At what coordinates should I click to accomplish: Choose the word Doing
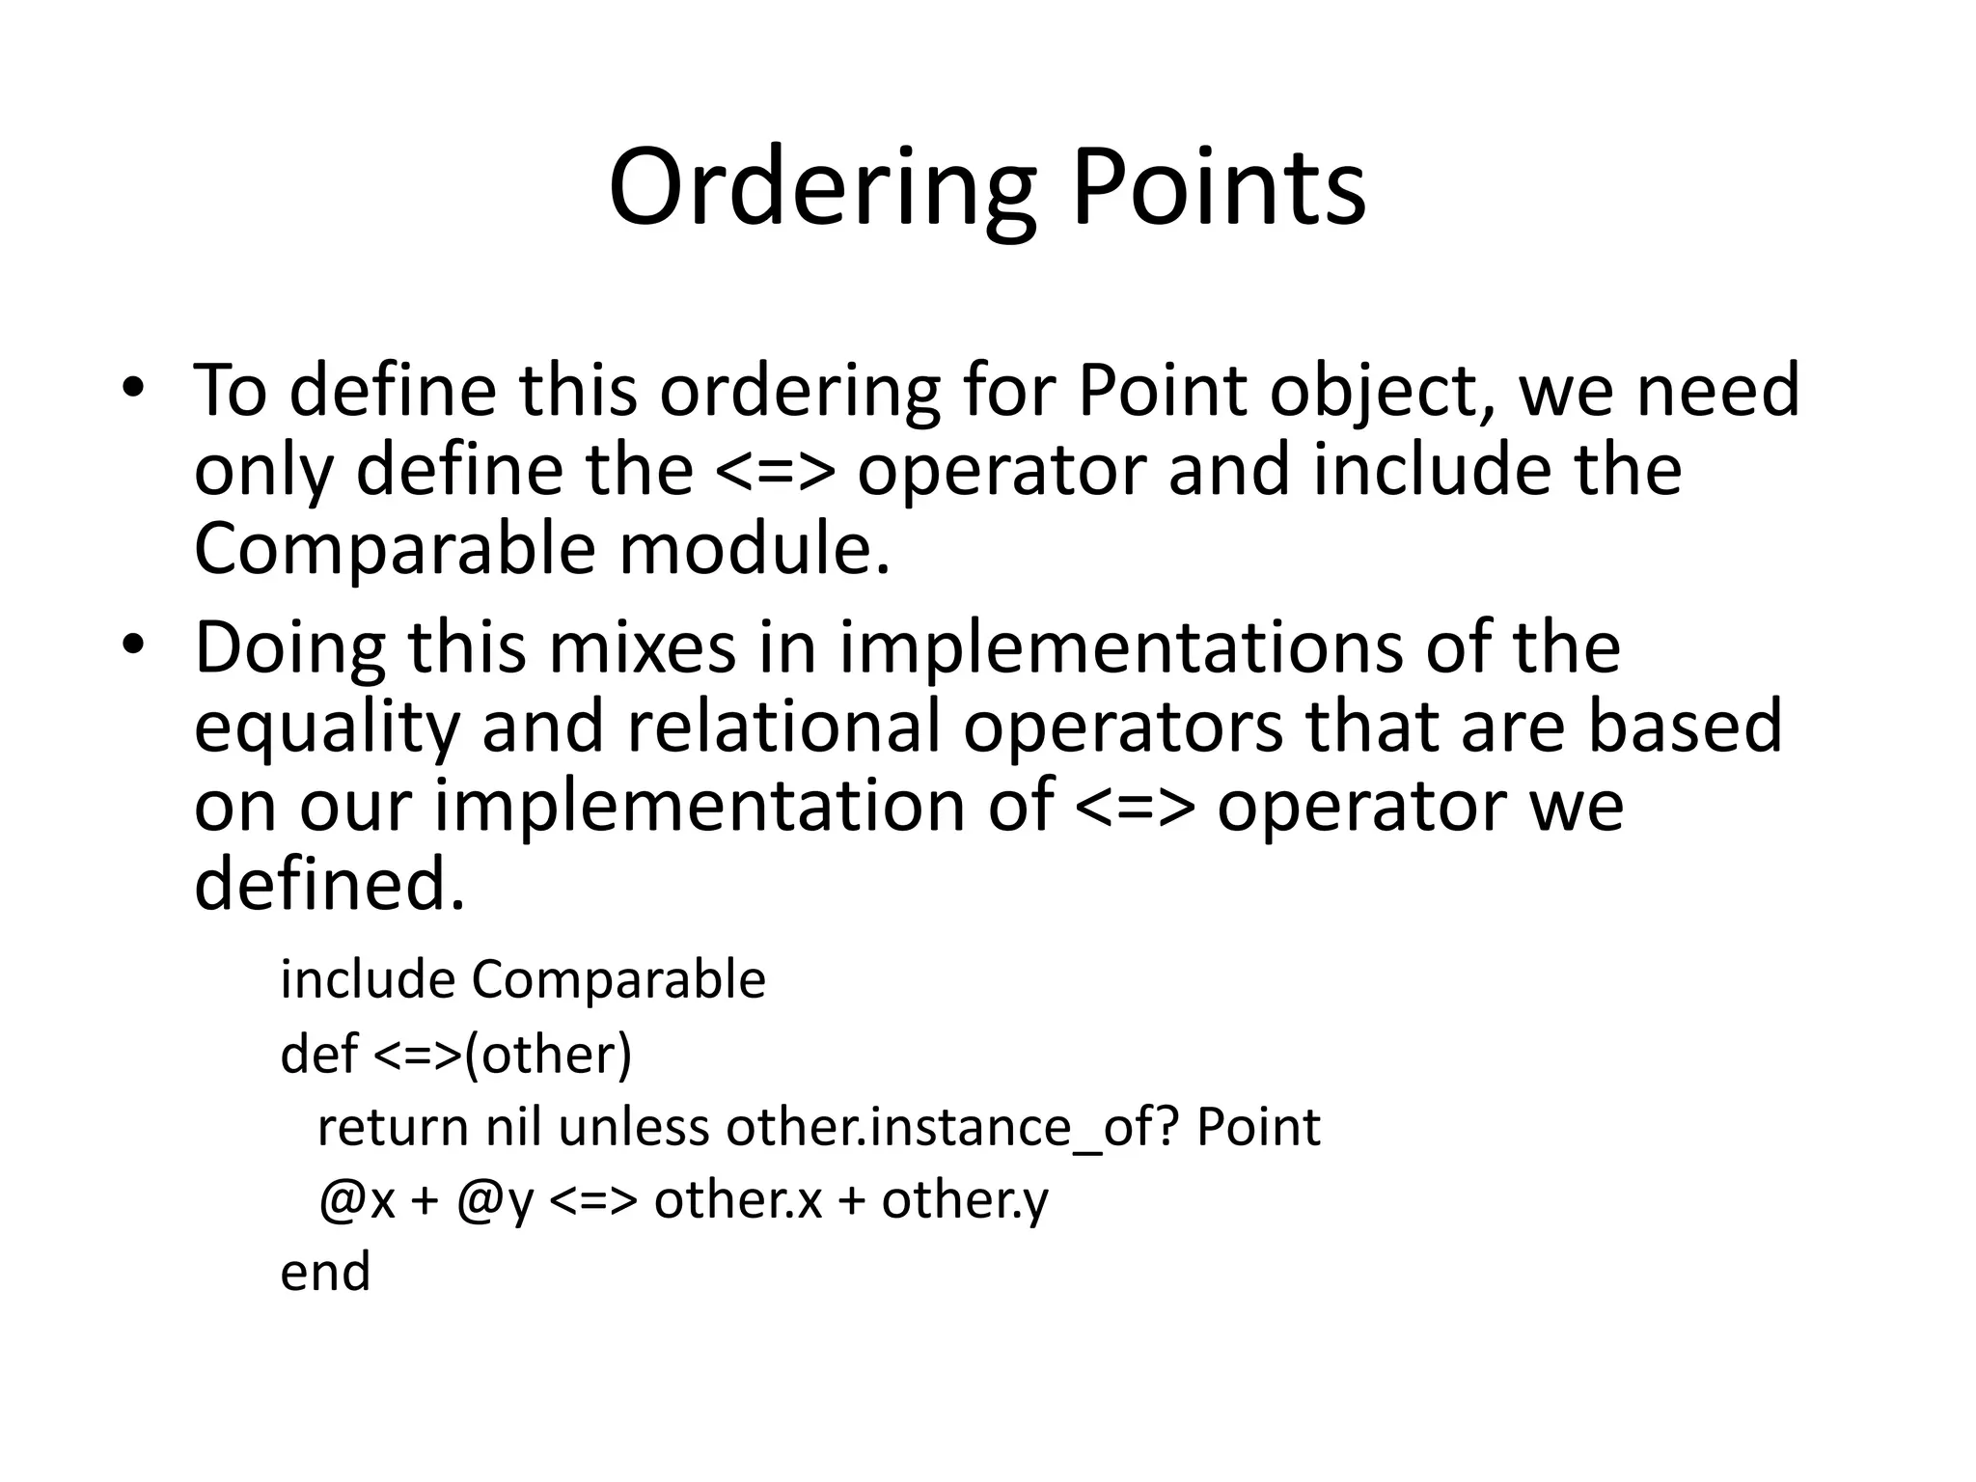[289, 649]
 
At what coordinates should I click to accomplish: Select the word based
[1685, 727]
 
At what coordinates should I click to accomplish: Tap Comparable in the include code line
[618, 979]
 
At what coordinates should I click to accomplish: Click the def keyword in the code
[319, 1053]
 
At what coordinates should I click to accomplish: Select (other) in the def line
[548, 1054]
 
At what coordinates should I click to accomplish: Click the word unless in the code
[634, 1126]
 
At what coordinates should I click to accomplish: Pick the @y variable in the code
[495, 1201]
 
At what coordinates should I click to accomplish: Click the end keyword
[325, 1272]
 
